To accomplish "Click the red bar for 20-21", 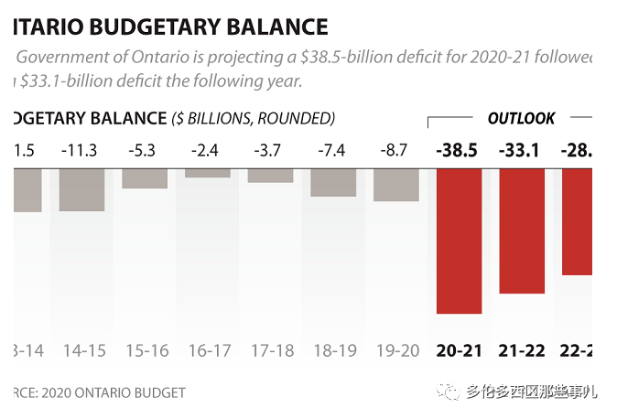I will (x=459, y=241).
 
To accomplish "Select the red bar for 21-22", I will (x=522, y=230).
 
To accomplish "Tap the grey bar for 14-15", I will (x=82, y=189).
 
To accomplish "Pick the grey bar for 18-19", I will (x=333, y=182).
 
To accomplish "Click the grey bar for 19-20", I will (x=396, y=184).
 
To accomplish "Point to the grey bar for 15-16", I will (x=145, y=178).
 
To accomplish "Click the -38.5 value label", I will (x=459, y=150).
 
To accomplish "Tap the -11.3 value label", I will (x=79, y=150).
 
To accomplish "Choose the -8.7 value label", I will (x=396, y=150).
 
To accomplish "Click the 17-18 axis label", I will (x=271, y=350).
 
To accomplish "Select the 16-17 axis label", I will (x=208, y=350).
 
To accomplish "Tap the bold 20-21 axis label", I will (x=459, y=350).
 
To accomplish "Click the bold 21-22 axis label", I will (x=522, y=350).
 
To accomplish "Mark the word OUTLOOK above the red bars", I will (x=521, y=118).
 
